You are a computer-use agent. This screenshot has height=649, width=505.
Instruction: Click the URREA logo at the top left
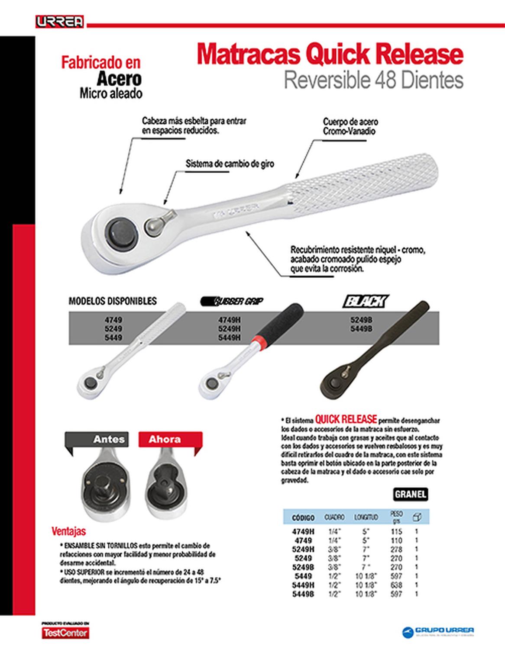tap(59, 22)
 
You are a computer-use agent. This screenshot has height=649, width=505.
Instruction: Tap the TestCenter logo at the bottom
tap(65, 633)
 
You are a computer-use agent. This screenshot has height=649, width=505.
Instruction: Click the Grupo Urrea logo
tap(438, 631)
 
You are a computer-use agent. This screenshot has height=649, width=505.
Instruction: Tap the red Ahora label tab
tap(165, 439)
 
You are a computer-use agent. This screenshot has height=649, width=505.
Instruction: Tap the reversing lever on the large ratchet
tap(159, 223)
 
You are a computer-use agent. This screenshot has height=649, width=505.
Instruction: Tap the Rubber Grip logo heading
tap(233, 301)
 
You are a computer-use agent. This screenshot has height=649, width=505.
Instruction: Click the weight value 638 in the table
tap(396, 585)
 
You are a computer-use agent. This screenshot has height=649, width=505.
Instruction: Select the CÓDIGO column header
tap(303, 517)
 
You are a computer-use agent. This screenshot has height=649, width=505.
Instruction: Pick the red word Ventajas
tap(69, 531)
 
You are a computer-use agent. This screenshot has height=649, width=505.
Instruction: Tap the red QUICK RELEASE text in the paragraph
tap(346, 419)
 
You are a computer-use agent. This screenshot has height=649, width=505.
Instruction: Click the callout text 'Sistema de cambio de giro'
tap(230, 164)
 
